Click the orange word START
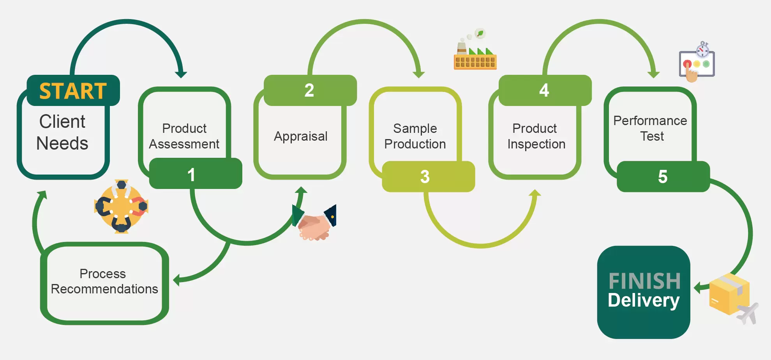tap(73, 91)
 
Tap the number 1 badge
tap(196, 173)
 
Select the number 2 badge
tap(310, 90)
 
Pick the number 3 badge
tap(428, 176)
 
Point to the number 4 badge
tap(545, 90)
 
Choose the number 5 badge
tap(663, 176)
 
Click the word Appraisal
tap(300, 137)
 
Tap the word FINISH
tap(644, 281)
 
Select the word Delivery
tap(644, 300)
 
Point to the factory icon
tap(475, 49)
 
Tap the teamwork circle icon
tap(121, 206)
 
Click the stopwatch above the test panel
tap(703, 49)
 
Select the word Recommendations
tap(104, 289)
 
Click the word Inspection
tap(536, 144)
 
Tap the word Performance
tap(650, 121)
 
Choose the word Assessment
tap(184, 144)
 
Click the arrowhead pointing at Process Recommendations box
tap(176, 280)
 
